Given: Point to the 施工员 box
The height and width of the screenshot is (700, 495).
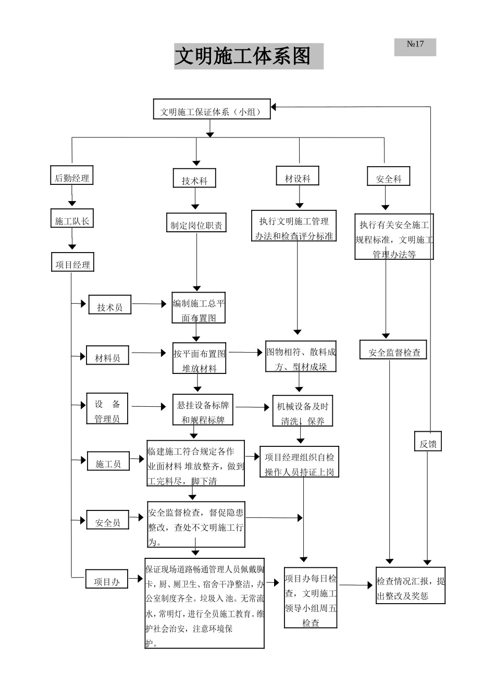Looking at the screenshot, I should point(108,463).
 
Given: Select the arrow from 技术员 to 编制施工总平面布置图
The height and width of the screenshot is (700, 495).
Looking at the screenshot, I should point(151,304).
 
